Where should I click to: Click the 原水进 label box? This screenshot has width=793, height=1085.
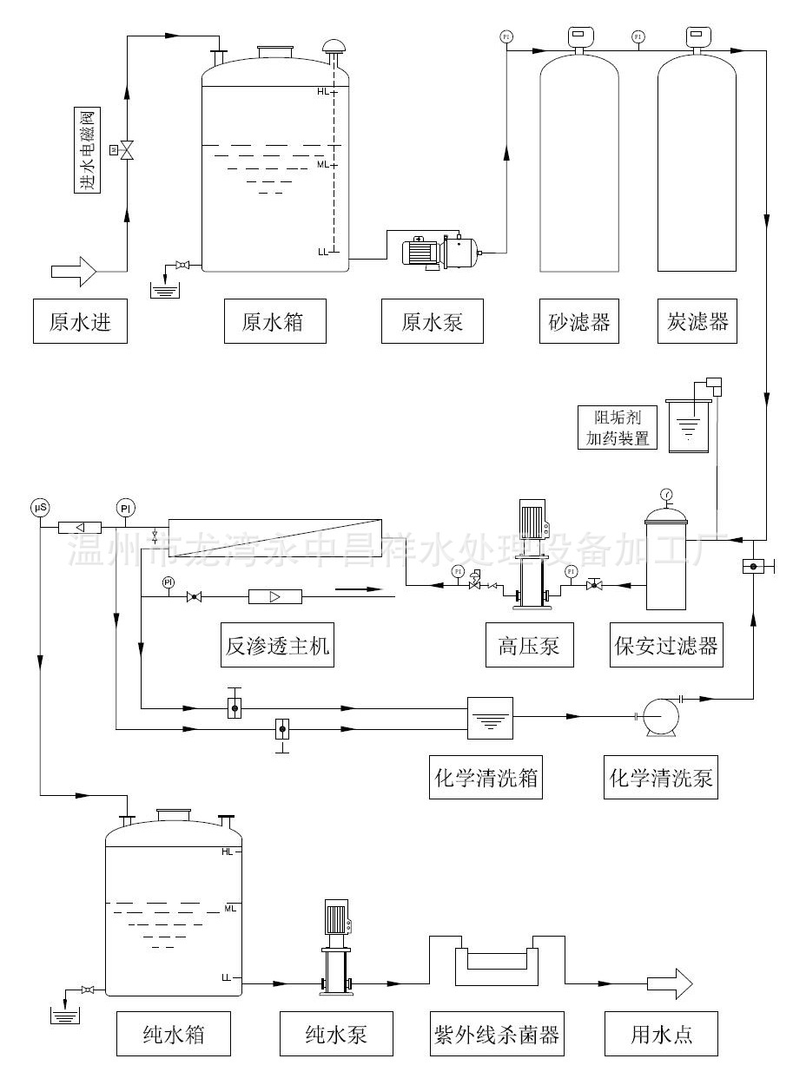[x=80, y=322]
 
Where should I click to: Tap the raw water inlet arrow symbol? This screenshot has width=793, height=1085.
[x=75, y=271]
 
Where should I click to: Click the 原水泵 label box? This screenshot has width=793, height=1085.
[x=432, y=322]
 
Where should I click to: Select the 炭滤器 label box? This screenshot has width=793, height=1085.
[x=697, y=322]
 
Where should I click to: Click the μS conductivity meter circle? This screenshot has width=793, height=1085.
[x=40, y=507]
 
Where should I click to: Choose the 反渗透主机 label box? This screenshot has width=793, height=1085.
[x=277, y=646]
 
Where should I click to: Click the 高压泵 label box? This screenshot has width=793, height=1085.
[x=529, y=646]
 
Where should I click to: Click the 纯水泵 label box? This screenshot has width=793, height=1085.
[x=336, y=1034]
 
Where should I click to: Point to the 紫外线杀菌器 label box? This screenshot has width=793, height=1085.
[x=496, y=1034]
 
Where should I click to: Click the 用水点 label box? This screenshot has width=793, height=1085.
[x=662, y=1034]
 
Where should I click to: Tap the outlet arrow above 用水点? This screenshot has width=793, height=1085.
[x=670, y=983]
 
